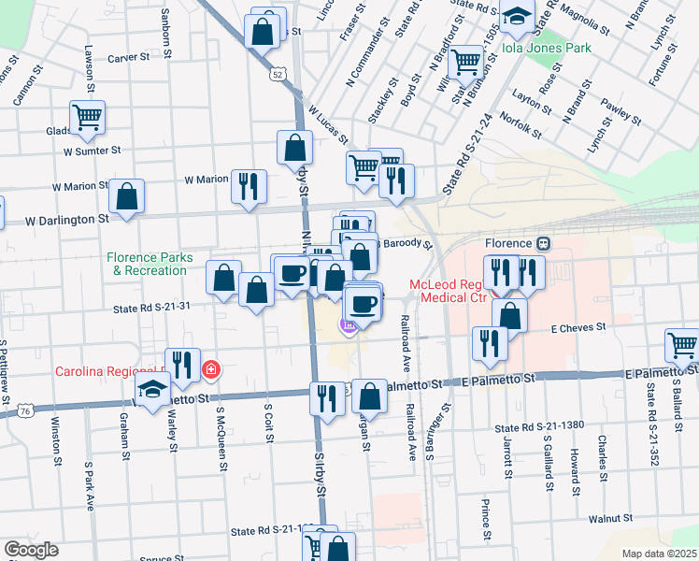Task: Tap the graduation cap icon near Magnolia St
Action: click(x=516, y=16)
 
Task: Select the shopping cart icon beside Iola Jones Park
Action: click(x=465, y=63)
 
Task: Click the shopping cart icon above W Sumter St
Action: click(x=87, y=118)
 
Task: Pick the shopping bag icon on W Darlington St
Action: click(x=127, y=196)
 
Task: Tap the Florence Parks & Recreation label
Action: click(x=150, y=264)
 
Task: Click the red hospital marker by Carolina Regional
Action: click(x=211, y=370)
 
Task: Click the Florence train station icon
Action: click(x=542, y=243)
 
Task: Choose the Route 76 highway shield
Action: click(x=24, y=410)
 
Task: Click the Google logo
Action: click(x=31, y=550)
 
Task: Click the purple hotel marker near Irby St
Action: click(x=348, y=325)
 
